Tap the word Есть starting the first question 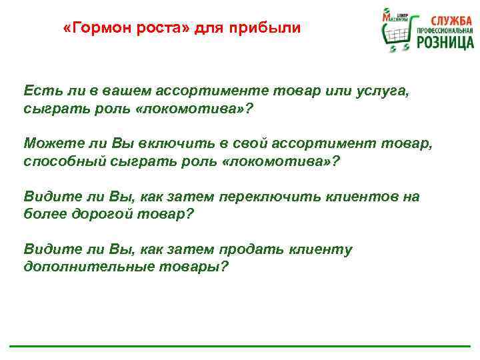[x=39, y=90]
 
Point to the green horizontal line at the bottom [x=240, y=347]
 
